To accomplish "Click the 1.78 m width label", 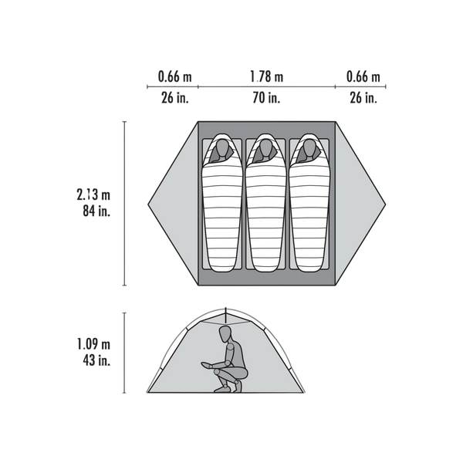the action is (x=267, y=76).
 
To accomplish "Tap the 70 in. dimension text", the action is (x=266, y=97).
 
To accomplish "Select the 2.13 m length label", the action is (x=93, y=195).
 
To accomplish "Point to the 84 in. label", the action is (x=96, y=211).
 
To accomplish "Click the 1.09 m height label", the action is (x=93, y=344).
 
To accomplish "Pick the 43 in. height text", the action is (x=96, y=360).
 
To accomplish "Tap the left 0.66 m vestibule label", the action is (x=175, y=76).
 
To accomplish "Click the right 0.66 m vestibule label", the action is (x=363, y=76).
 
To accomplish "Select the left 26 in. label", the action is (x=175, y=97).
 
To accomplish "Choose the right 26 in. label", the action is (x=363, y=97).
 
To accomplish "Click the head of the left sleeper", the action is (x=221, y=147).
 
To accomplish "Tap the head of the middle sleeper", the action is (x=265, y=147).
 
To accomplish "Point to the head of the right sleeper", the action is (x=309, y=147).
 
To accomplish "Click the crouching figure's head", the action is (x=225, y=335).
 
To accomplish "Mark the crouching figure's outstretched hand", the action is (x=206, y=365).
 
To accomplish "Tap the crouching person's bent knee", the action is (x=217, y=372).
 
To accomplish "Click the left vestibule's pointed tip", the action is (x=148, y=204).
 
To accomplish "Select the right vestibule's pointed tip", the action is (x=385, y=204).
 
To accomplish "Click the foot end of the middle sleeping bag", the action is (x=265, y=269).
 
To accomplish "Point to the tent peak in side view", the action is (x=225, y=308).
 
